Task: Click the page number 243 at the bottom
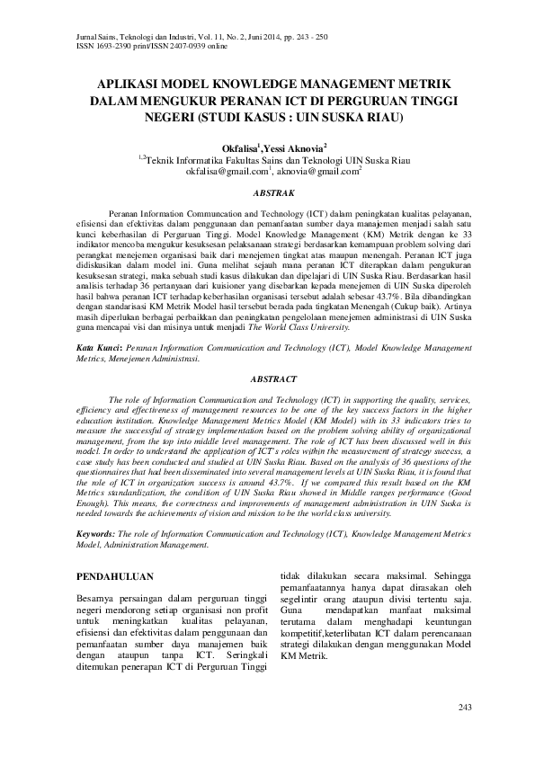[465, 708]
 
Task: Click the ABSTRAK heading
[268, 193]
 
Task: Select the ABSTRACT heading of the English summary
[268, 379]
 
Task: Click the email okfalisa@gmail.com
[227, 169]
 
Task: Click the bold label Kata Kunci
[96, 346]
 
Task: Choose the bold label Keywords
[98, 532]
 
